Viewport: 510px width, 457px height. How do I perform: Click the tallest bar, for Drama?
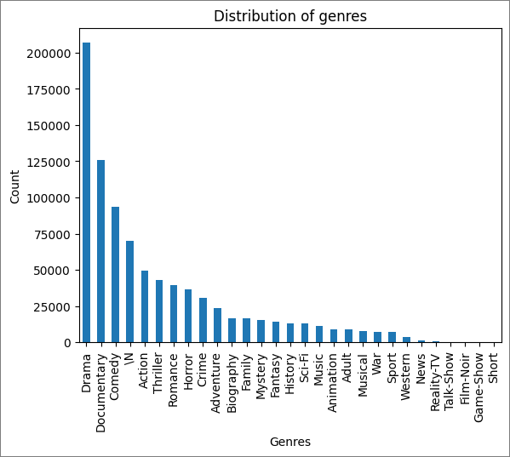pos(86,192)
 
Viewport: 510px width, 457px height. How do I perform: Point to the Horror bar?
pos(188,316)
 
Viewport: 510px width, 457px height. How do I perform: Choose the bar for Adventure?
pos(217,325)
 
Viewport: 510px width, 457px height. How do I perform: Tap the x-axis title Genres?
pos(289,442)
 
